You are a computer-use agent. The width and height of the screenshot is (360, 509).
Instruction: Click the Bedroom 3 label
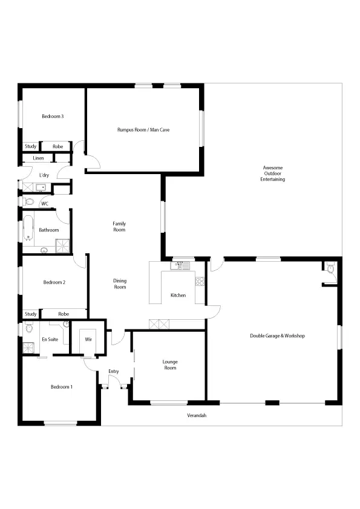tap(53, 116)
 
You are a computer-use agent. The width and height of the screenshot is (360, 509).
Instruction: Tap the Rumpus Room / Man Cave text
tap(143, 129)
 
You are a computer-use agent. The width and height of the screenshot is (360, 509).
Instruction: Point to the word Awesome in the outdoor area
tap(272, 167)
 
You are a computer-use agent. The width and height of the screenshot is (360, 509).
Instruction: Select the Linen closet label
tap(38, 158)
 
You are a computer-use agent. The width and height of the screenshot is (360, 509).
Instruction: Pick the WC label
tap(44, 203)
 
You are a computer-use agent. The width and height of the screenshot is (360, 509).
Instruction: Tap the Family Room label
tap(119, 227)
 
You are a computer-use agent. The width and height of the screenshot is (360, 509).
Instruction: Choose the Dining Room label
tap(120, 284)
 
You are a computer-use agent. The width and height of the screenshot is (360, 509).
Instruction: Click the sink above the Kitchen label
tap(181, 265)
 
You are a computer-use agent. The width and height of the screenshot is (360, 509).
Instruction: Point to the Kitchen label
tap(178, 295)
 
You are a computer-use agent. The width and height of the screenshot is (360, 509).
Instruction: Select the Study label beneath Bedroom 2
tap(31, 314)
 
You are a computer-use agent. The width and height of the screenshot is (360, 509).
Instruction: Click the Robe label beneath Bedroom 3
tap(58, 146)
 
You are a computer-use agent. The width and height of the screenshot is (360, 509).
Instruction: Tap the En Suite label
tap(50, 339)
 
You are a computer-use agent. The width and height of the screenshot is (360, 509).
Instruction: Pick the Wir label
tap(88, 339)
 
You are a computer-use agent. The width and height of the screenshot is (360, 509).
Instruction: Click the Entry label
tap(113, 371)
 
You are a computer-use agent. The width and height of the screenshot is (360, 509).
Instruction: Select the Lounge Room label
tap(170, 365)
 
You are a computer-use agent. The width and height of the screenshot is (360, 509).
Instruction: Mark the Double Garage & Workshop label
tap(277, 336)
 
